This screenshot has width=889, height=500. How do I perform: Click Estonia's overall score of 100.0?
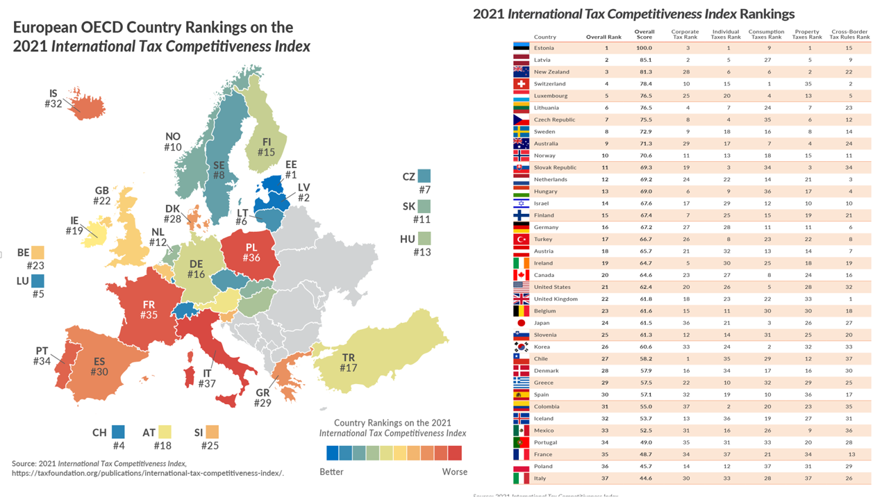click(x=644, y=48)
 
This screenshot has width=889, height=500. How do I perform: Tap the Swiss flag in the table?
click(x=521, y=84)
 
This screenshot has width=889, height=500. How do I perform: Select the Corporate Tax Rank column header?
click(x=685, y=34)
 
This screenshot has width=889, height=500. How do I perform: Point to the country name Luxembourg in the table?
click(x=551, y=96)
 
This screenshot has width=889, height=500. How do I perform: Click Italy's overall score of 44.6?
click(x=644, y=478)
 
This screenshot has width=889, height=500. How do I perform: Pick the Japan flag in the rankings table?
click(x=521, y=323)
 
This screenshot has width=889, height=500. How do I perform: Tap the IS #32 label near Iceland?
click(x=53, y=99)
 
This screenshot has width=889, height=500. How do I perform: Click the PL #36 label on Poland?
click(x=251, y=253)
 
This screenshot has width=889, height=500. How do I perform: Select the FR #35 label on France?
click(x=149, y=310)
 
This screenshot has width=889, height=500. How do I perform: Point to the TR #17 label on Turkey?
click(x=348, y=362)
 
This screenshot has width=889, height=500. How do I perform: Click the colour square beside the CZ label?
click(x=424, y=176)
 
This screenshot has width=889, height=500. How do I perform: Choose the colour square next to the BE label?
click(x=38, y=253)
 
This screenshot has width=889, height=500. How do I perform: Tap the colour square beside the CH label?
click(x=119, y=432)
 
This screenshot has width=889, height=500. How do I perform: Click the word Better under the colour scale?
click(x=331, y=472)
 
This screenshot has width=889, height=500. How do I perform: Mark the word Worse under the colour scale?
click(x=454, y=472)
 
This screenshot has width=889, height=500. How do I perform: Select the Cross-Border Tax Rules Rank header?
click(x=849, y=34)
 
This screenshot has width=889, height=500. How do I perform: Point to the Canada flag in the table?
click(x=521, y=275)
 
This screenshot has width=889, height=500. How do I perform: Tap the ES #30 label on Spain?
click(x=99, y=367)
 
